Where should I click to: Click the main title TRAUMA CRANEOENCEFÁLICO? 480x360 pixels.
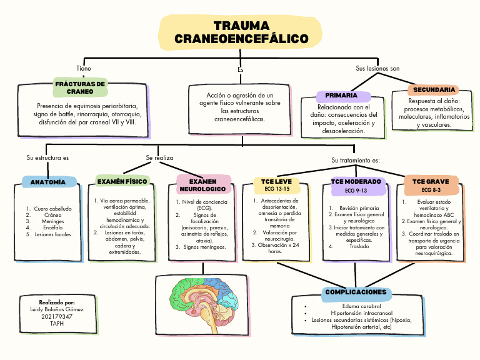tap(241, 32)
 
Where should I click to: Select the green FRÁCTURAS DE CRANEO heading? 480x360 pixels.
tap(80, 87)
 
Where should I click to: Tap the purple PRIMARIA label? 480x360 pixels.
tap(341, 96)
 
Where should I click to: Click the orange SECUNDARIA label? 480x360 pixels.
tap(434, 90)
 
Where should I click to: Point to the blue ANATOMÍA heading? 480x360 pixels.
tap(48, 182)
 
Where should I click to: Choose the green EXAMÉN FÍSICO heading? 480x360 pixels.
tap(122, 181)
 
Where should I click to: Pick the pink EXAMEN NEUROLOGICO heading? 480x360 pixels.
tap(202, 184)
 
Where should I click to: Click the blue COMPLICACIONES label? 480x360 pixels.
tap(356, 292)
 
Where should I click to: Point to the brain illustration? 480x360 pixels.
tap(202, 297)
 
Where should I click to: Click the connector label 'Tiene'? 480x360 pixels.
tap(83, 68)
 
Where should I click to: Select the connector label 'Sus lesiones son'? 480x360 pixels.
tap(377, 68)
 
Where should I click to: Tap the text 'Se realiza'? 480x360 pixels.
tap(159, 158)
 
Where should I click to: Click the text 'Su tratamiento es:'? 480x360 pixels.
tap(356, 160)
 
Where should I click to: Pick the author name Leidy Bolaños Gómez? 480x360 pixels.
tap(57, 309)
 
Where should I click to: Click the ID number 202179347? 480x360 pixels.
tap(57, 316)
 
